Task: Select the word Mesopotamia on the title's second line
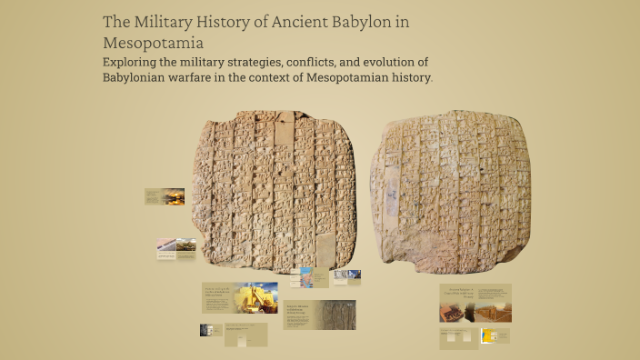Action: pos(153,42)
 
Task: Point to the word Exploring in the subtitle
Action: pos(132,62)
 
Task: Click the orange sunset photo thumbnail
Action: pos(173,196)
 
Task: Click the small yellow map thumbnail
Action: pos(488,335)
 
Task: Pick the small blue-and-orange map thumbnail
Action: pos(307,276)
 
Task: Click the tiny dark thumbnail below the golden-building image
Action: pos(205,330)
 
